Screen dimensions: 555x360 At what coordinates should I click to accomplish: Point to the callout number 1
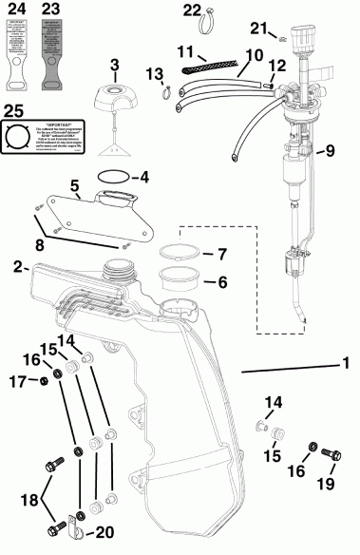click(346, 363)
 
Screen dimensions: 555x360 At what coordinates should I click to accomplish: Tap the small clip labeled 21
click(284, 39)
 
